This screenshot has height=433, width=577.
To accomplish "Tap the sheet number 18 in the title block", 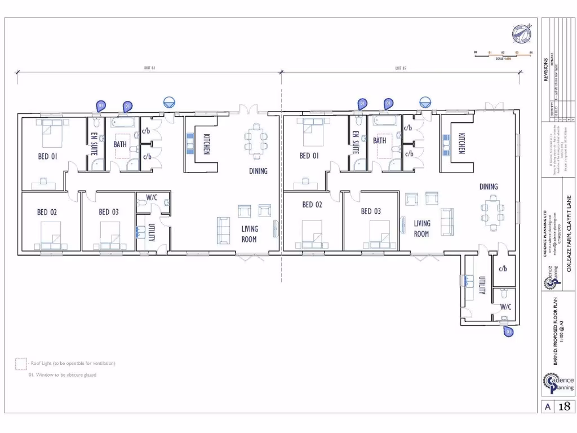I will pyautogui.click(x=566, y=407).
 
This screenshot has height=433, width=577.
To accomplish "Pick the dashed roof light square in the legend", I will pyautogui.click(x=21, y=364).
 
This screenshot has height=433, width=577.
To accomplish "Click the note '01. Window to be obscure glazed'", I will pyautogui.click(x=62, y=375).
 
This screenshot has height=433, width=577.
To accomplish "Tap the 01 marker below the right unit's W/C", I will pyautogui.click(x=508, y=332).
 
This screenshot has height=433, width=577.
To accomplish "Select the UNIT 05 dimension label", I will pyautogui.click(x=401, y=68).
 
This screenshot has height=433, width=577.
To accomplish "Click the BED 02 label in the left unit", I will pyautogui.click(x=47, y=212).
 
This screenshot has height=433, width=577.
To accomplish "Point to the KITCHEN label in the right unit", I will pyautogui.click(x=461, y=143).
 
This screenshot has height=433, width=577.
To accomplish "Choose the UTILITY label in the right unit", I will pyautogui.click(x=482, y=285).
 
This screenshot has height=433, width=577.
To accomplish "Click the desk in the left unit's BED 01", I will pyautogui.click(x=43, y=182).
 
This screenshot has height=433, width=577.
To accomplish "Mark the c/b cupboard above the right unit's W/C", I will pyautogui.click(x=503, y=268).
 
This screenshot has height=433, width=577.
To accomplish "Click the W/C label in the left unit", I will pyautogui.click(x=152, y=197).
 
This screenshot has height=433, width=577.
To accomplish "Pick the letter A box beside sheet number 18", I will pyautogui.click(x=547, y=407).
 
